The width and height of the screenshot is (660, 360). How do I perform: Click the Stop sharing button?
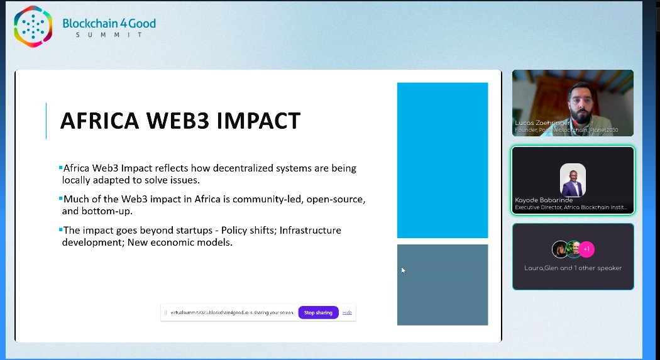click(x=318, y=312)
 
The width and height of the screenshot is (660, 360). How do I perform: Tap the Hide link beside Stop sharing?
click(x=347, y=312)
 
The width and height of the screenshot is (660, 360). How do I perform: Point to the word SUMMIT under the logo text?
click(x=109, y=35)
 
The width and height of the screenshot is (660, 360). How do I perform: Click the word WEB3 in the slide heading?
click(x=182, y=120)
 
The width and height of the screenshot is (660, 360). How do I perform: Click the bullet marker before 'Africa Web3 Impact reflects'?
click(x=60, y=167)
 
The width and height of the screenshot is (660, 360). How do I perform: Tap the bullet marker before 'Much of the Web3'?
click(x=60, y=198)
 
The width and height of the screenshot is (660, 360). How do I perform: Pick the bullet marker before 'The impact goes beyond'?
click(x=60, y=229)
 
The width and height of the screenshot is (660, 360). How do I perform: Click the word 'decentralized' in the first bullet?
click(x=260, y=168)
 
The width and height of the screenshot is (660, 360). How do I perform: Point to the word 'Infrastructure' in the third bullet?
click(x=311, y=230)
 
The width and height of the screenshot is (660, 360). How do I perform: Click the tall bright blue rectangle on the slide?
click(x=442, y=160)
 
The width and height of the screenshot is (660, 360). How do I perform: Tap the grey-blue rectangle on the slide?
click(x=442, y=284)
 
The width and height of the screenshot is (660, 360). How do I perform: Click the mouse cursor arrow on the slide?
click(x=402, y=270)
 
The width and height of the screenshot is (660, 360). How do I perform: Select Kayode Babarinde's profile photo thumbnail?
click(x=573, y=180)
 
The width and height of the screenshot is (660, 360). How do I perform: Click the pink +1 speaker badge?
click(x=586, y=249)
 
